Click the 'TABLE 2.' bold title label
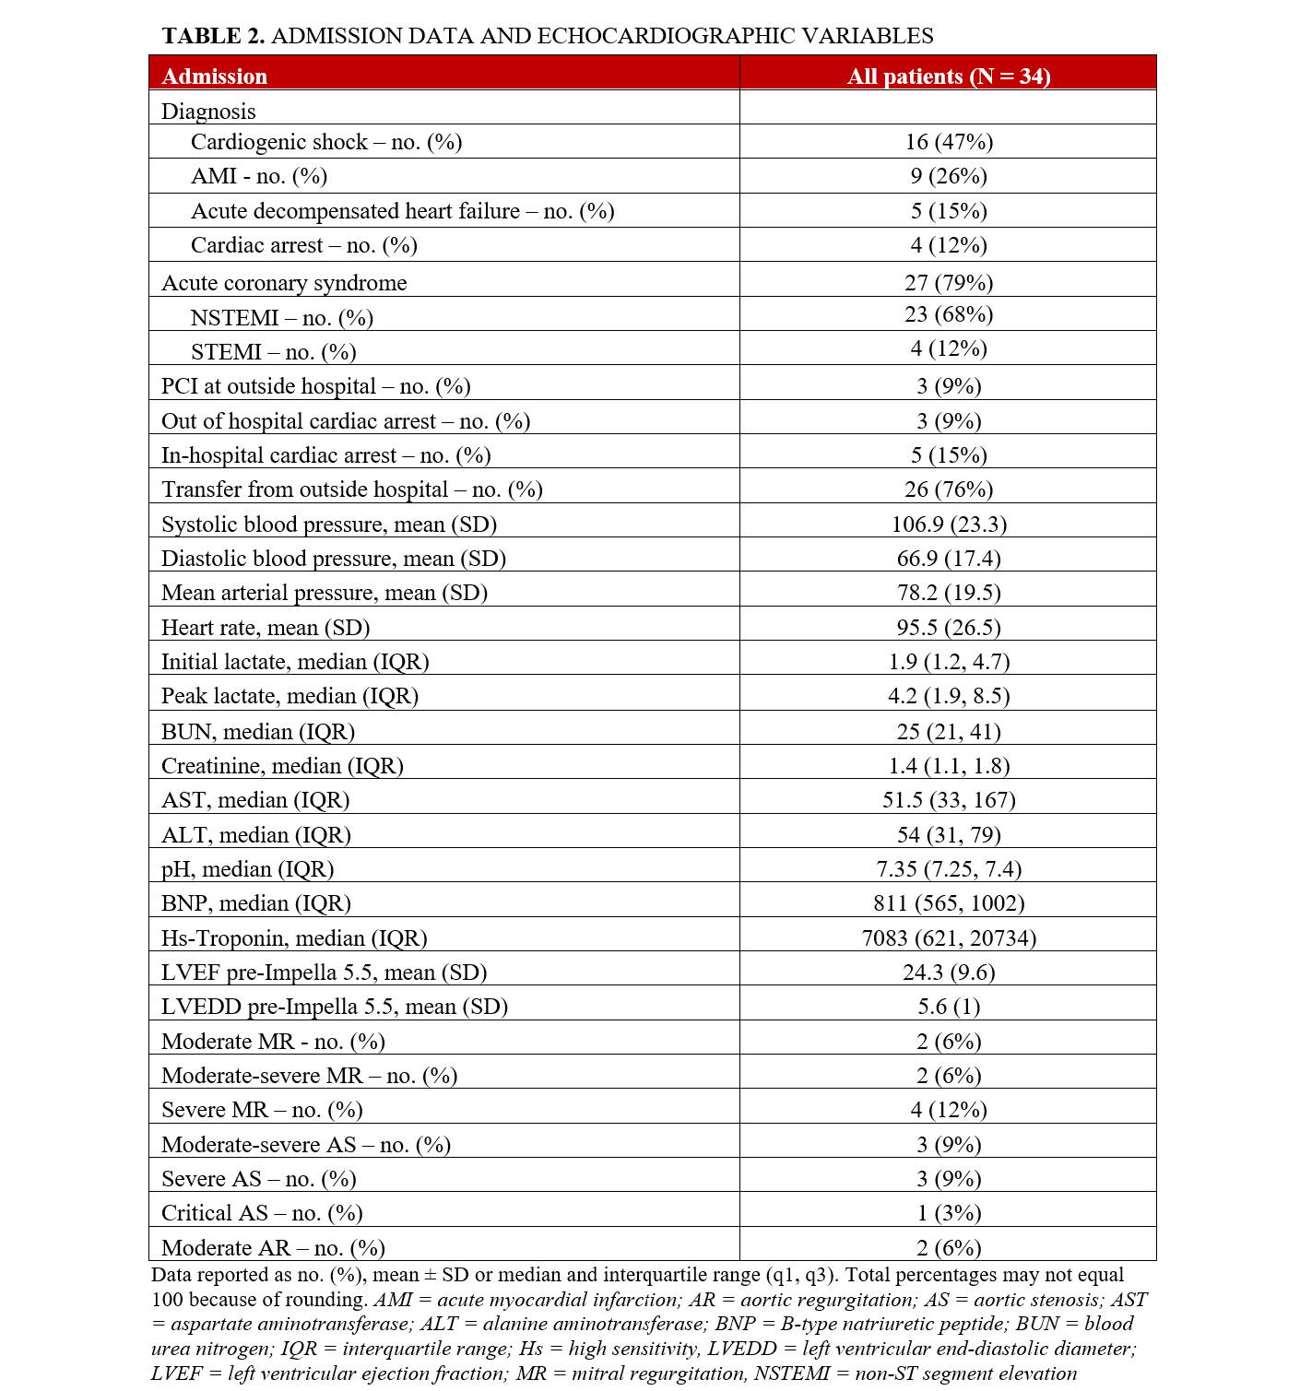coord(214,36)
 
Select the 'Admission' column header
coord(214,77)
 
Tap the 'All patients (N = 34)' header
coord(949,77)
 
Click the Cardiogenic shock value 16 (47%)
coord(949,142)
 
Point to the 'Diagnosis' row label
coord(208,112)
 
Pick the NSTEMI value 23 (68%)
coord(949,315)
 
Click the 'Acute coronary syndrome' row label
coord(284,283)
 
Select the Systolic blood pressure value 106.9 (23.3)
coord(949,525)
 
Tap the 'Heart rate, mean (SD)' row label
coord(266,628)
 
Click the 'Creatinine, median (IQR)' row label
coord(282,766)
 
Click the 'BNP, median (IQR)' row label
coord(256,903)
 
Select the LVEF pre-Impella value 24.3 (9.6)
coord(949,973)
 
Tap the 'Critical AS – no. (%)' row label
coord(262,1213)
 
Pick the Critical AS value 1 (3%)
coord(949,1213)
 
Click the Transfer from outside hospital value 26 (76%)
coord(949,489)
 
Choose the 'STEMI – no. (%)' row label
coord(273,352)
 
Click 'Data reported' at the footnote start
coord(210,1275)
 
